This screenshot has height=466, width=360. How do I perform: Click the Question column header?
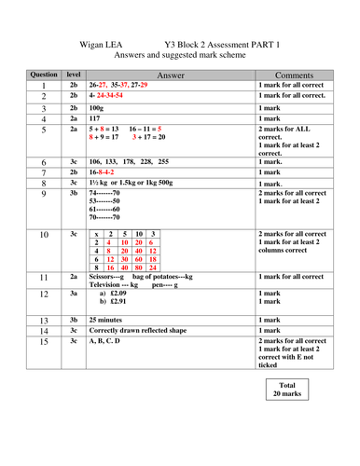pos(44,73)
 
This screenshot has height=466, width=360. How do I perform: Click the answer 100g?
pos(98,108)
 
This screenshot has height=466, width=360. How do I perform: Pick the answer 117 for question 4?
pos(95,119)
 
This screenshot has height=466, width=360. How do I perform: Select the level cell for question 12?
pos(73,292)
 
